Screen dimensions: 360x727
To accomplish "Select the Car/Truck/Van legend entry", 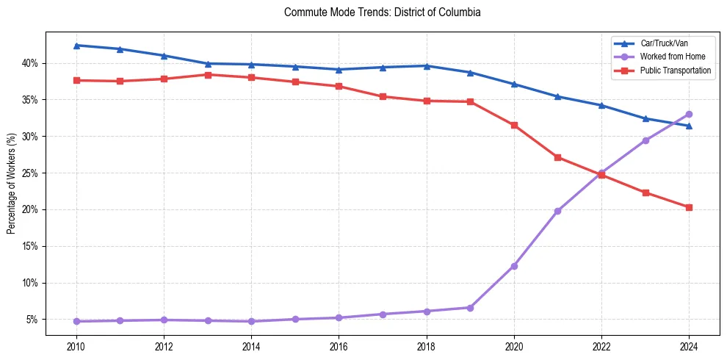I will click(x=664, y=43).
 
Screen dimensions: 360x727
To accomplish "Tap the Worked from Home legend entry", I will click(x=672, y=57).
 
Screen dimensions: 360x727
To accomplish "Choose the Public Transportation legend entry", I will click(x=675, y=71).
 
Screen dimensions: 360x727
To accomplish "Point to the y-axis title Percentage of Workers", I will click(x=11, y=184).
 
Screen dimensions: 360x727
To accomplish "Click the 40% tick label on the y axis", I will click(x=29, y=63).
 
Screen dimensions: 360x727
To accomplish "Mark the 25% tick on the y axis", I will click(x=29, y=173).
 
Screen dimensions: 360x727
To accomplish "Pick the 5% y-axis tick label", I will click(x=31, y=320).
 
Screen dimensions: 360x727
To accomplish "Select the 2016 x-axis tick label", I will click(x=339, y=347).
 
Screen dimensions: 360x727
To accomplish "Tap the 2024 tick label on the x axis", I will click(x=689, y=347).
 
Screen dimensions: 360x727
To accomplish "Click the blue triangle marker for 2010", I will click(x=76, y=46).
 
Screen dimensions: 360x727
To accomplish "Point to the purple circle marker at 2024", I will click(x=689, y=114).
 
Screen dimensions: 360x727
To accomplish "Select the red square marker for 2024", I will click(x=689, y=207).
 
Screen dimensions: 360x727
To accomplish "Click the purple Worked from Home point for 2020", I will click(x=514, y=266).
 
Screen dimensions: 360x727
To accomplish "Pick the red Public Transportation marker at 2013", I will click(x=208, y=75).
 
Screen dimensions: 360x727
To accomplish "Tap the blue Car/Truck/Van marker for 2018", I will click(x=427, y=66).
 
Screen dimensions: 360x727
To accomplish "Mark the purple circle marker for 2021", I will click(x=557, y=211).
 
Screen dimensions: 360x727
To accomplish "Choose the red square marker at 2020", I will click(x=514, y=125).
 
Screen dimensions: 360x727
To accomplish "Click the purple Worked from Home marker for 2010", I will click(x=76, y=321).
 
